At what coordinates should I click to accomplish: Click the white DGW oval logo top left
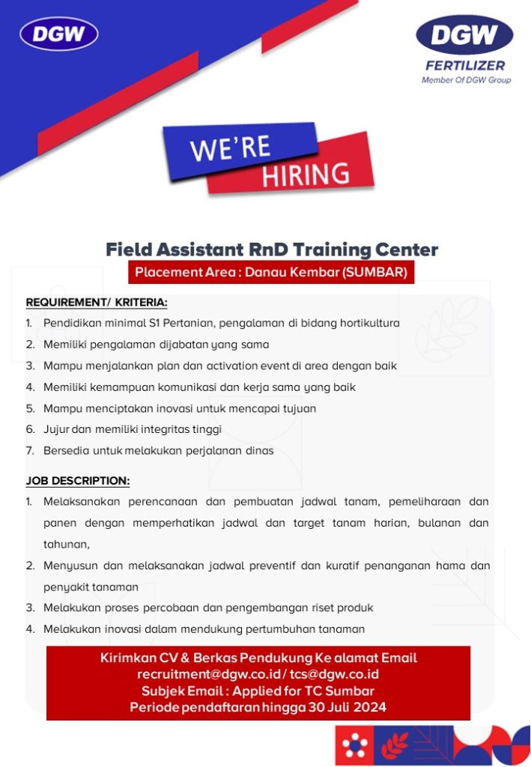point(58,34)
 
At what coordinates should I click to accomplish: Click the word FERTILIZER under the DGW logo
point(465,66)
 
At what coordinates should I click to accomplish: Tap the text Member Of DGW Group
point(466,79)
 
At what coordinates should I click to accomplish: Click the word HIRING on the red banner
point(306,175)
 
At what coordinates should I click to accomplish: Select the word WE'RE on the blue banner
point(230,148)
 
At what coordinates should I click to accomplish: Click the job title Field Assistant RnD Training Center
point(272,249)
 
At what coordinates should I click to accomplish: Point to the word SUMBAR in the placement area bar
point(374,272)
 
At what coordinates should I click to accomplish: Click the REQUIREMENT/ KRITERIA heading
point(97,303)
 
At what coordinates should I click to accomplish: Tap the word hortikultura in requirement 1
point(370,323)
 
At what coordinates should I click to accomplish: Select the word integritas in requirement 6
point(168,429)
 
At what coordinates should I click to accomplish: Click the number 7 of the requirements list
point(29,450)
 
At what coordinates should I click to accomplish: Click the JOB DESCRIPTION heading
point(78,481)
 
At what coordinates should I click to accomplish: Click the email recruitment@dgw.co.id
point(209,674)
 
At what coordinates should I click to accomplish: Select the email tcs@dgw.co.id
point(335,674)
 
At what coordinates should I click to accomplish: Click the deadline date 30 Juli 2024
point(348,707)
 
